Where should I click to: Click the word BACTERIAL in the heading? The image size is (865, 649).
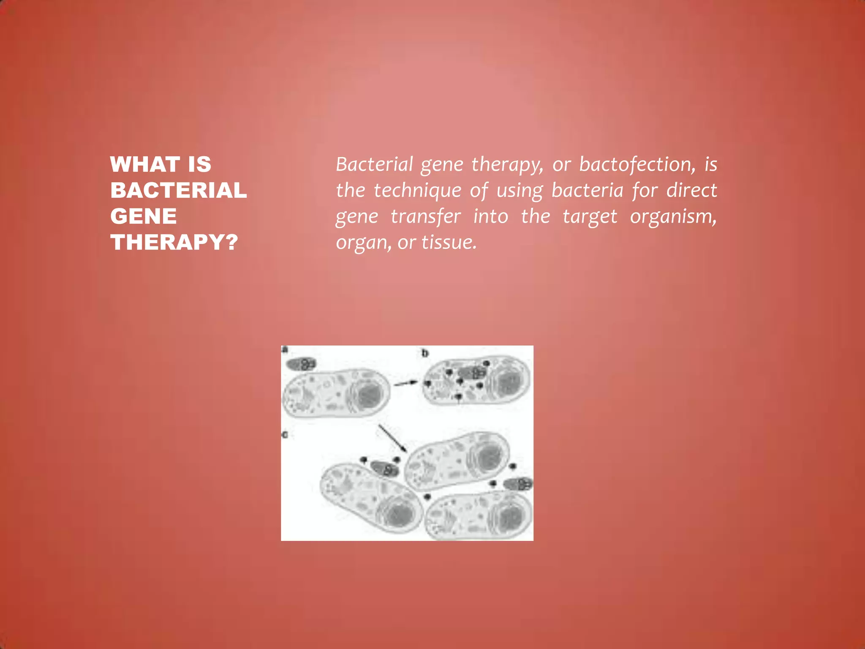tap(178, 190)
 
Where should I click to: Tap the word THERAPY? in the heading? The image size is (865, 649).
tap(174, 243)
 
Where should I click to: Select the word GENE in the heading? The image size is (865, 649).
tap(144, 216)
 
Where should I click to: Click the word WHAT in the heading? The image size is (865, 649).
tap(145, 164)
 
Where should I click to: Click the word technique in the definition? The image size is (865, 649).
tap(417, 191)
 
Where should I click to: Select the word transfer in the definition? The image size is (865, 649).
tap(425, 217)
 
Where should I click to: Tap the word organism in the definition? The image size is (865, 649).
tap(673, 217)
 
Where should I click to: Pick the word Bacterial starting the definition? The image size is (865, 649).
tap(374, 164)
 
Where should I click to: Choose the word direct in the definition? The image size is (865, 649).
tap(691, 191)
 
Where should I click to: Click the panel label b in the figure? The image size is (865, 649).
tap(425, 353)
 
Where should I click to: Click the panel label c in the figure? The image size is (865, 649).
tap(285, 434)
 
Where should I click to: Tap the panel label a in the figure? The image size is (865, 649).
tap(285, 350)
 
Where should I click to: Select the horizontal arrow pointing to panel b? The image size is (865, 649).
tap(405, 383)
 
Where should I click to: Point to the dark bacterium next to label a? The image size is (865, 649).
tap(301, 364)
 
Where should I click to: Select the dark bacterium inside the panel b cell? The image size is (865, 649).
tap(471, 373)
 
